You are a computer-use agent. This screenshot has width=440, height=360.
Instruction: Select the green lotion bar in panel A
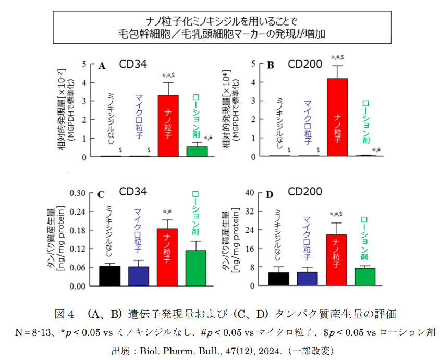point(197,151)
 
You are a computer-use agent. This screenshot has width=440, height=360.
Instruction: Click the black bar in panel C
point(109,276)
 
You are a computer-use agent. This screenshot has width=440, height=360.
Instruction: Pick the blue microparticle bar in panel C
point(139,276)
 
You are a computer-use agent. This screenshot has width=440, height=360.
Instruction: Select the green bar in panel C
point(196,268)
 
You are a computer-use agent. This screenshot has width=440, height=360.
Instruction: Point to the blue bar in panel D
point(307,279)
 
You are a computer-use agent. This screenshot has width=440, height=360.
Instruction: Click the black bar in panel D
point(278,279)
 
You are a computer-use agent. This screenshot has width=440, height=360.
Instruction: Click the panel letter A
point(102,66)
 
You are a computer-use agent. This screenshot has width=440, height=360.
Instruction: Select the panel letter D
point(270,195)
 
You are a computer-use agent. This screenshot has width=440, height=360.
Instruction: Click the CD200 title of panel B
point(305,65)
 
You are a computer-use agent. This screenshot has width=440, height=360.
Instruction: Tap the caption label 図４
point(66,314)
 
